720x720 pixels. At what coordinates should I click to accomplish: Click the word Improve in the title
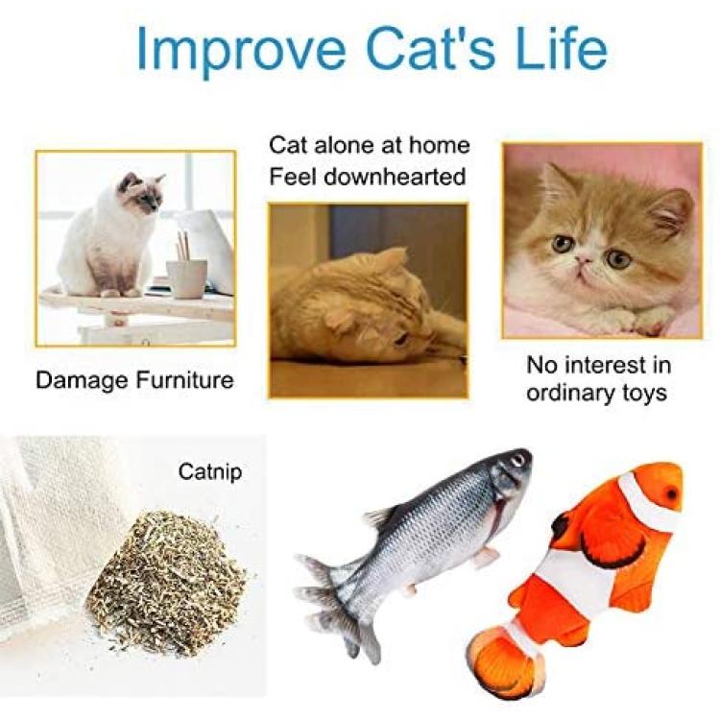click(240, 50)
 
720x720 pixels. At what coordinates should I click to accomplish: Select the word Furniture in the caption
click(185, 380)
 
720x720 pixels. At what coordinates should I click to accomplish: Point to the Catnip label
click(210, 471)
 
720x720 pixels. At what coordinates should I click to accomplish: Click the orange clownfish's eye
click(672, 494)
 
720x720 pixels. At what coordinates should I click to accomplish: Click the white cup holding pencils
click(186, 278)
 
